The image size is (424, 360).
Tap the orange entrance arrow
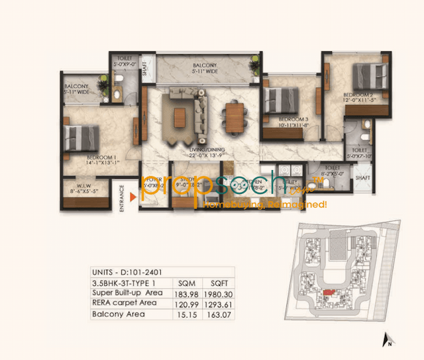[x=134, y=197]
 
